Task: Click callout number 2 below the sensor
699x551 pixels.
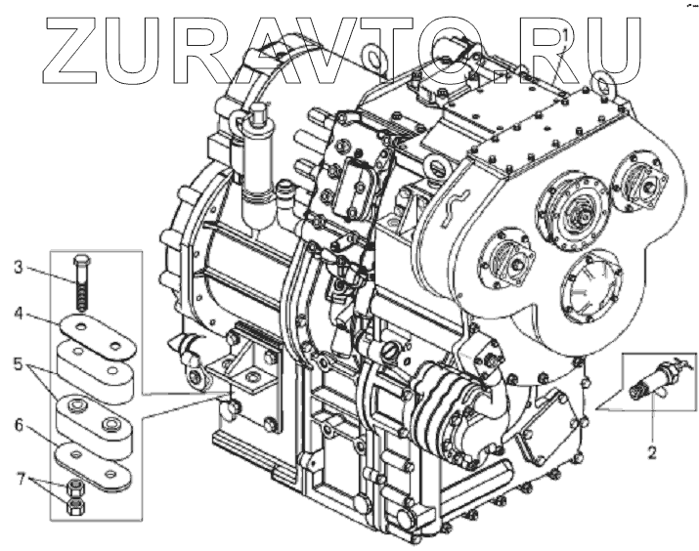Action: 652,452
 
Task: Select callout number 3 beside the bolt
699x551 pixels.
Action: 18,268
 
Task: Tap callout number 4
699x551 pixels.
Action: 19,314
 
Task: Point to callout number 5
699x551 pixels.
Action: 19,364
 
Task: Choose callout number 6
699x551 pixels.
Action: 19,425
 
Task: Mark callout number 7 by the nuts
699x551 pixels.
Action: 20,481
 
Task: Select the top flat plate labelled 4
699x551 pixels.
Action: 99,336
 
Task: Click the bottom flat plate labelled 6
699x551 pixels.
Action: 92,465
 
